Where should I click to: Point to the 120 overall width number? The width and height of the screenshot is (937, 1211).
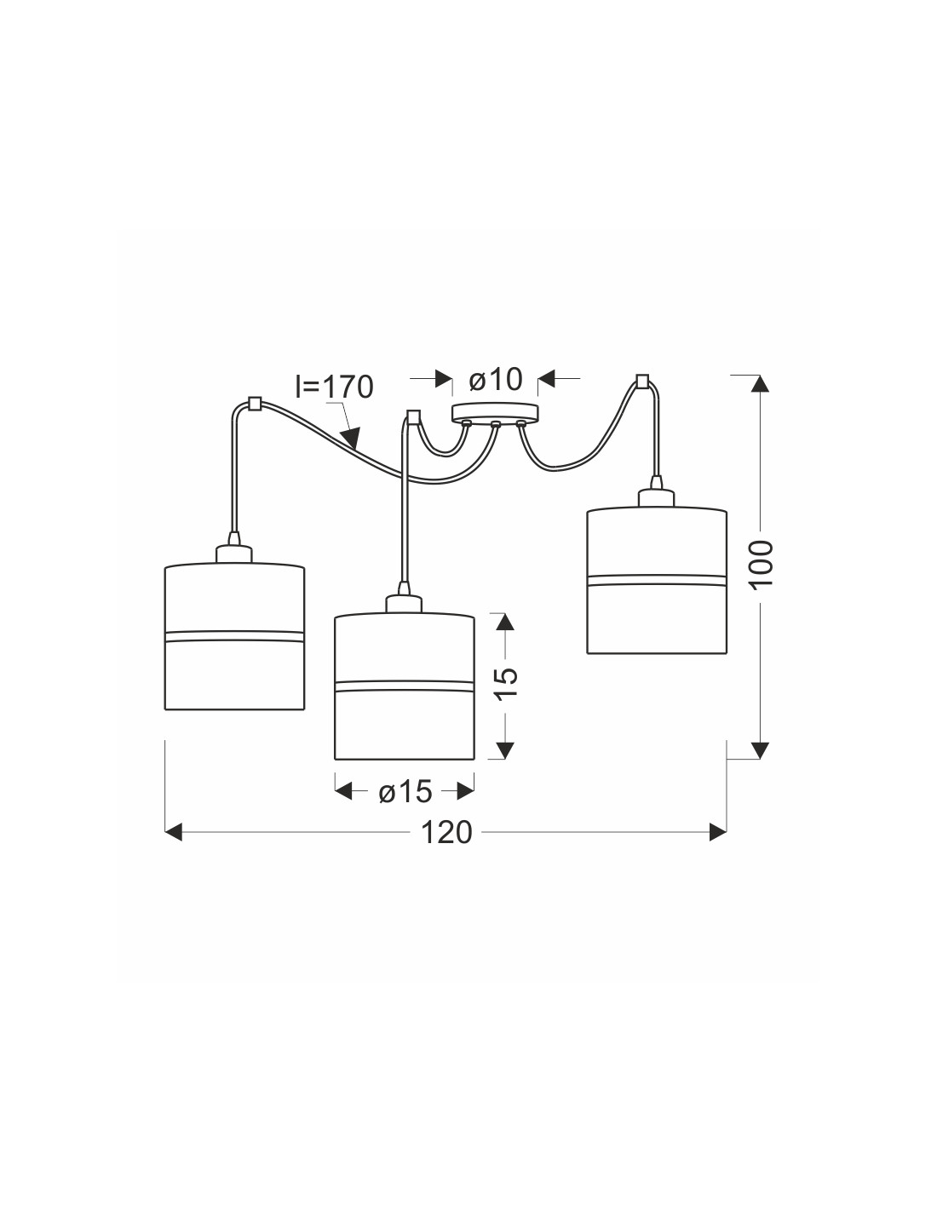point(446,833)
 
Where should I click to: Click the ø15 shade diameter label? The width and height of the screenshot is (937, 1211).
point(405,791)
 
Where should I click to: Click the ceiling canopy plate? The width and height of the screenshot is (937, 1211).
point(495,412)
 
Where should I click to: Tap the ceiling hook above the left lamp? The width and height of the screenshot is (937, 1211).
point(254,404)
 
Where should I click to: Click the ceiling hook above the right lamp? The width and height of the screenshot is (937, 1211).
point(642,382)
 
